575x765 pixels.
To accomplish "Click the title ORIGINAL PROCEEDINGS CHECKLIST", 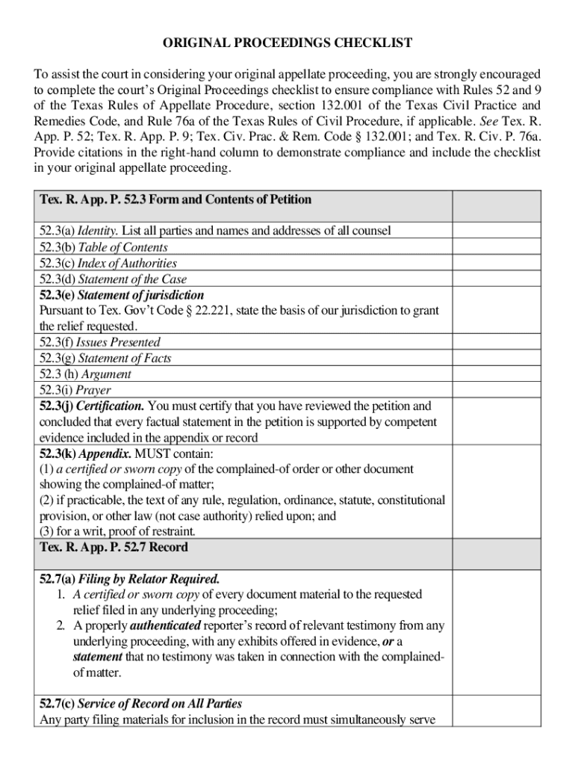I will tap(287, 43).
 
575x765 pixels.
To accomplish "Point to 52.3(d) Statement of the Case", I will tap(113, 279).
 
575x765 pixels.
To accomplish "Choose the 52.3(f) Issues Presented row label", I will tap(100, 342).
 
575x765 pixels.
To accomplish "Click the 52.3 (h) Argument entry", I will tap(85, 374).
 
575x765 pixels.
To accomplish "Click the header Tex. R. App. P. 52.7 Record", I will tap(114, 547).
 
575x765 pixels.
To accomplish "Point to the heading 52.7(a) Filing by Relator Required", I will tap(130, 579).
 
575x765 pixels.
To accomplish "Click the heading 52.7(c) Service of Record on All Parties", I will tap(140, 704).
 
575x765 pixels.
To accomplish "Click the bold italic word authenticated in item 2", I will tap(165, 625).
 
